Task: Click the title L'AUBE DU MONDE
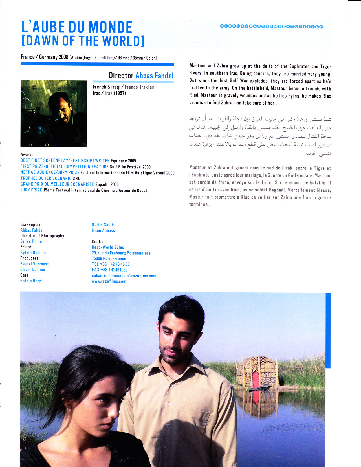coord(77,27)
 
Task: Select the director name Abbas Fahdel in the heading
coord(154,76)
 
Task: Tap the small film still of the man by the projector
coord(54,113)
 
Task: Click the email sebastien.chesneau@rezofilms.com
coord(124,276)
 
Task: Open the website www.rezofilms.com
coord(109,281)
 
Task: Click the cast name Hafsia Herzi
coord(31,281)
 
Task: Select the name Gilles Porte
coord(31,241)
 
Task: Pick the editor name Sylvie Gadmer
coord(33,253)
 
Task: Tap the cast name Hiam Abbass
coord(103,230)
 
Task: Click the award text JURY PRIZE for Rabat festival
coord(31,190)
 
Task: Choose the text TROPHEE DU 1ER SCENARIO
coord(46,178)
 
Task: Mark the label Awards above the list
coord(27,154)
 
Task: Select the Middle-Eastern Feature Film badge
coord(271,27)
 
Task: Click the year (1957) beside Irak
coord(120,93)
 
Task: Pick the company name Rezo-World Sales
coord(108,247)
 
